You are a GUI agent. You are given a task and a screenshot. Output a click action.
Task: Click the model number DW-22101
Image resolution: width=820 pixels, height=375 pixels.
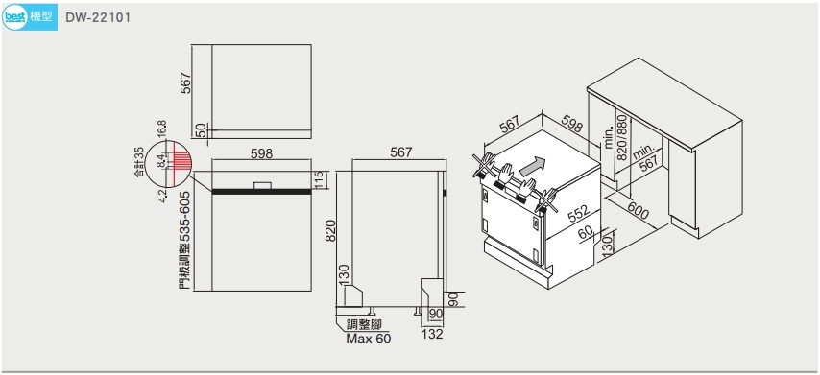point(98,17)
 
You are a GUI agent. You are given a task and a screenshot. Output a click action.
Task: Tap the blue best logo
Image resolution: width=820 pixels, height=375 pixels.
point(14,17)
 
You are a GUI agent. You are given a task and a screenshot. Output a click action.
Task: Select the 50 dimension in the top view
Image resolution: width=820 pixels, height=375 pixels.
point(202,130)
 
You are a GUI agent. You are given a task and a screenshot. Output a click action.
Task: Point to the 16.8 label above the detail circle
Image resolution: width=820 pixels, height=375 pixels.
point(161,130)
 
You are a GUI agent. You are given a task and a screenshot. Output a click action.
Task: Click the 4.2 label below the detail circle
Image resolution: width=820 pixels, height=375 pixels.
point(162,196)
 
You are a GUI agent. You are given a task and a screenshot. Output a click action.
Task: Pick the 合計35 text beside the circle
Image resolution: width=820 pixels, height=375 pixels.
point(139,161)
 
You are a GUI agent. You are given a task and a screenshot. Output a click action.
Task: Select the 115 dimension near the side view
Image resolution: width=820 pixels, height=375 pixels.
point(321,179)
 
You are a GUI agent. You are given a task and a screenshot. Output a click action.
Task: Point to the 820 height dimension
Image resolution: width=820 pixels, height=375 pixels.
point(330,230)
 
